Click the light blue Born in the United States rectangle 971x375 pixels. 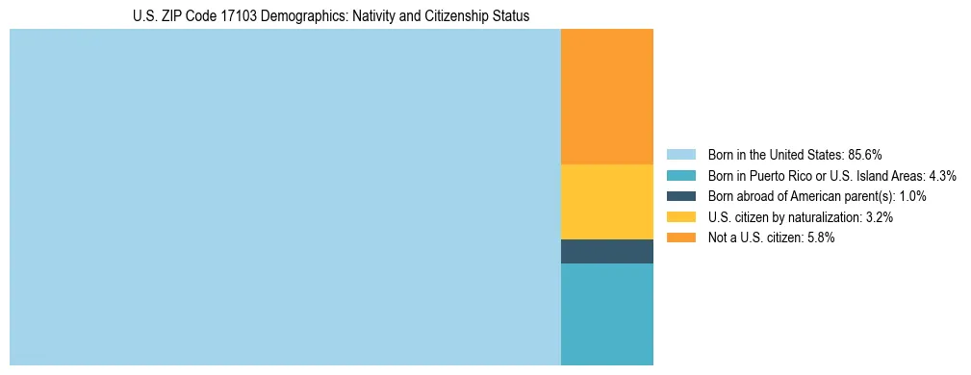tap(285, 197)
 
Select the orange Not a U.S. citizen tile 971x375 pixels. tap(606, 96)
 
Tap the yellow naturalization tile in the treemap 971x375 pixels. tap(606, 202)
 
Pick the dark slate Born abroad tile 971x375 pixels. tap(606, 251)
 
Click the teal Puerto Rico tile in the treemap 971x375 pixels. tap(606, 313)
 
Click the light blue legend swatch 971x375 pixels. tap(680, 154)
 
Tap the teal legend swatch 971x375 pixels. tap(680, 175)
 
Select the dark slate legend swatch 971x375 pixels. tap(680, 196)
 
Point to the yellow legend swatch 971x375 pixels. tap(680, 217)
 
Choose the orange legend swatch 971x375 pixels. tap(680, 237)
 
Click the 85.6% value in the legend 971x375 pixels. tap(865, 154)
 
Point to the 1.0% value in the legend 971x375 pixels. tap(912, 196)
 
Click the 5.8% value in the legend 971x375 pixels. tap(821, 237)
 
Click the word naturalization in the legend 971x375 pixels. tap(827, 217)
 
